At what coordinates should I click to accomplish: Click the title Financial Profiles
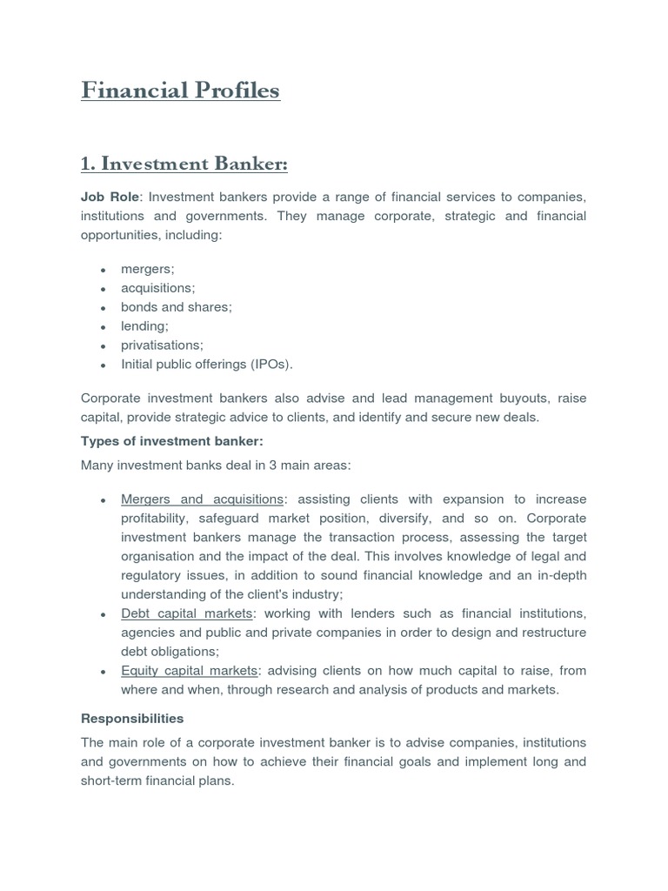tap(180, 90)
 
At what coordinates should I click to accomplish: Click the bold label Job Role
tap(110, 198)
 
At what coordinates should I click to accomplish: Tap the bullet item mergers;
tap(148, 269)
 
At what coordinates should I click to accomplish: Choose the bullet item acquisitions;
tap(158, 288)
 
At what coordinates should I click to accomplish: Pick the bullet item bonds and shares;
tap(177, 307)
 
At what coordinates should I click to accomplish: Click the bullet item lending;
tap(144, 326)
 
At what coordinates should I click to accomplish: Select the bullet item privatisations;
tap(162, 345)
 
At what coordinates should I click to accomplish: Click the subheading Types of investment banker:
tap(171, 441)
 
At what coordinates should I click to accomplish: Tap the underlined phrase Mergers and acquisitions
tap(202, 499)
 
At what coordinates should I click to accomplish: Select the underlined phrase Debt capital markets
tap(186, 613)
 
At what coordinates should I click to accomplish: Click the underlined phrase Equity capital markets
tap(190, 671)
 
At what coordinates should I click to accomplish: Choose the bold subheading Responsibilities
tap(132, 719)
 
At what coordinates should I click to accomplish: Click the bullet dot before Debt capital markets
tap(103, 614)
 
